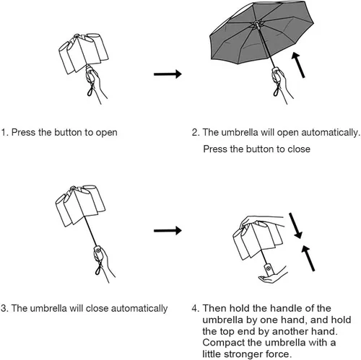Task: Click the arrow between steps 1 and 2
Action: coord(168,74)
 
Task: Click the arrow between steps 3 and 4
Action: coord(168,231)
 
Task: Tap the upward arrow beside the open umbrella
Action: coord(298,65)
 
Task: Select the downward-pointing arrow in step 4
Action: coord(295,226)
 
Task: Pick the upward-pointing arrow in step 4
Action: coord(308,258)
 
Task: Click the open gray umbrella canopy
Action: coord(261,32)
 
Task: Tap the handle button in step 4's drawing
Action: coord(269,268)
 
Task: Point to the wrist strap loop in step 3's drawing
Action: coord(99,269)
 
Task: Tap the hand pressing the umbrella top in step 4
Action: coord(255,221)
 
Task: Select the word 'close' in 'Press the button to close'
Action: coord(299,149)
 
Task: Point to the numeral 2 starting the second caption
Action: coord(194,132)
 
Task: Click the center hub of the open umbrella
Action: coord(257,25)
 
